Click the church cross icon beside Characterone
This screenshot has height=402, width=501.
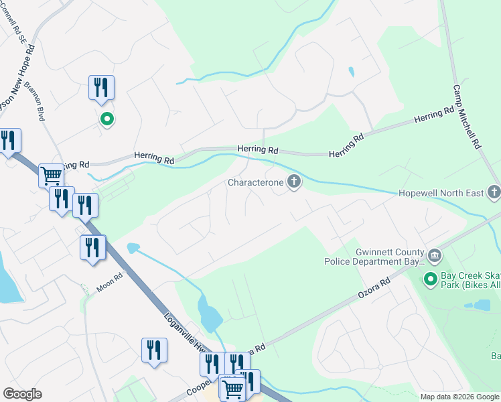(x=293, y=182)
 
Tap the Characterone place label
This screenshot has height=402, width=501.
(x=255, y=182)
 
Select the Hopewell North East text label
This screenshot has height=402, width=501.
(x=441, y=193)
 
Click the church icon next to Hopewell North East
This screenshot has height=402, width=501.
(x=494, y=193)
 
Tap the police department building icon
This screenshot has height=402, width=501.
(x=434, y=255)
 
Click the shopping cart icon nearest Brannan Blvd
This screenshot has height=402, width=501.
(x=51, y=176)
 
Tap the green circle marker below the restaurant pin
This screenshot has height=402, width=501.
(x=106, y=119)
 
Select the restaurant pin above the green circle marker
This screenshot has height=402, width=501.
(x=101, y=88)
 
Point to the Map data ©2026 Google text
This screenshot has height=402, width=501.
(x=459, y=397)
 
